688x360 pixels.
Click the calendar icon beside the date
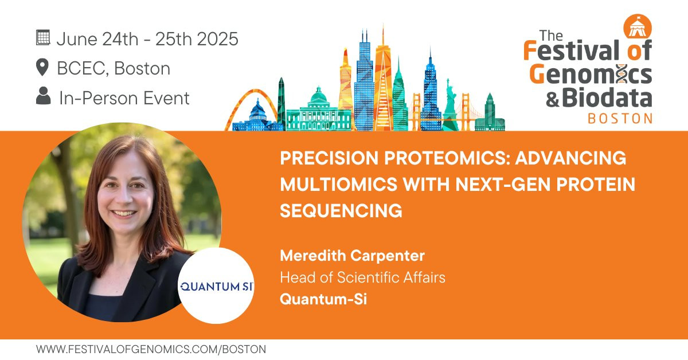click(x=43, y=38)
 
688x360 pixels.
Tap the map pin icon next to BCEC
click(x=42, y=67)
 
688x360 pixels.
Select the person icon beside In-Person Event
click(x=44, y=96)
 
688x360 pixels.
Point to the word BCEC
click(x=81, y=68)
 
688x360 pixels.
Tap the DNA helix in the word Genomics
click(x=621, y=74)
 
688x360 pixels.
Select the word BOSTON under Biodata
click(x=620, y=119)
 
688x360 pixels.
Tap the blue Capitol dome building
click(x=257, y=116)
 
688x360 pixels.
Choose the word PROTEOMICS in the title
click(x=447, y=158)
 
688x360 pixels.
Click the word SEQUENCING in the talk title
click(x=341, y=211)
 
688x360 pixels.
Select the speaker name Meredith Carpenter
click(x=352, y=256)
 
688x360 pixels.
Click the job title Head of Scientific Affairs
click(x=362, y=277)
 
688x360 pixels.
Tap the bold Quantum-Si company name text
click(x=323, y=299)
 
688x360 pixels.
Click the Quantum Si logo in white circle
click(x=216, y=286)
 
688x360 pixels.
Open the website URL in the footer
click(x=151, y=349)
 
